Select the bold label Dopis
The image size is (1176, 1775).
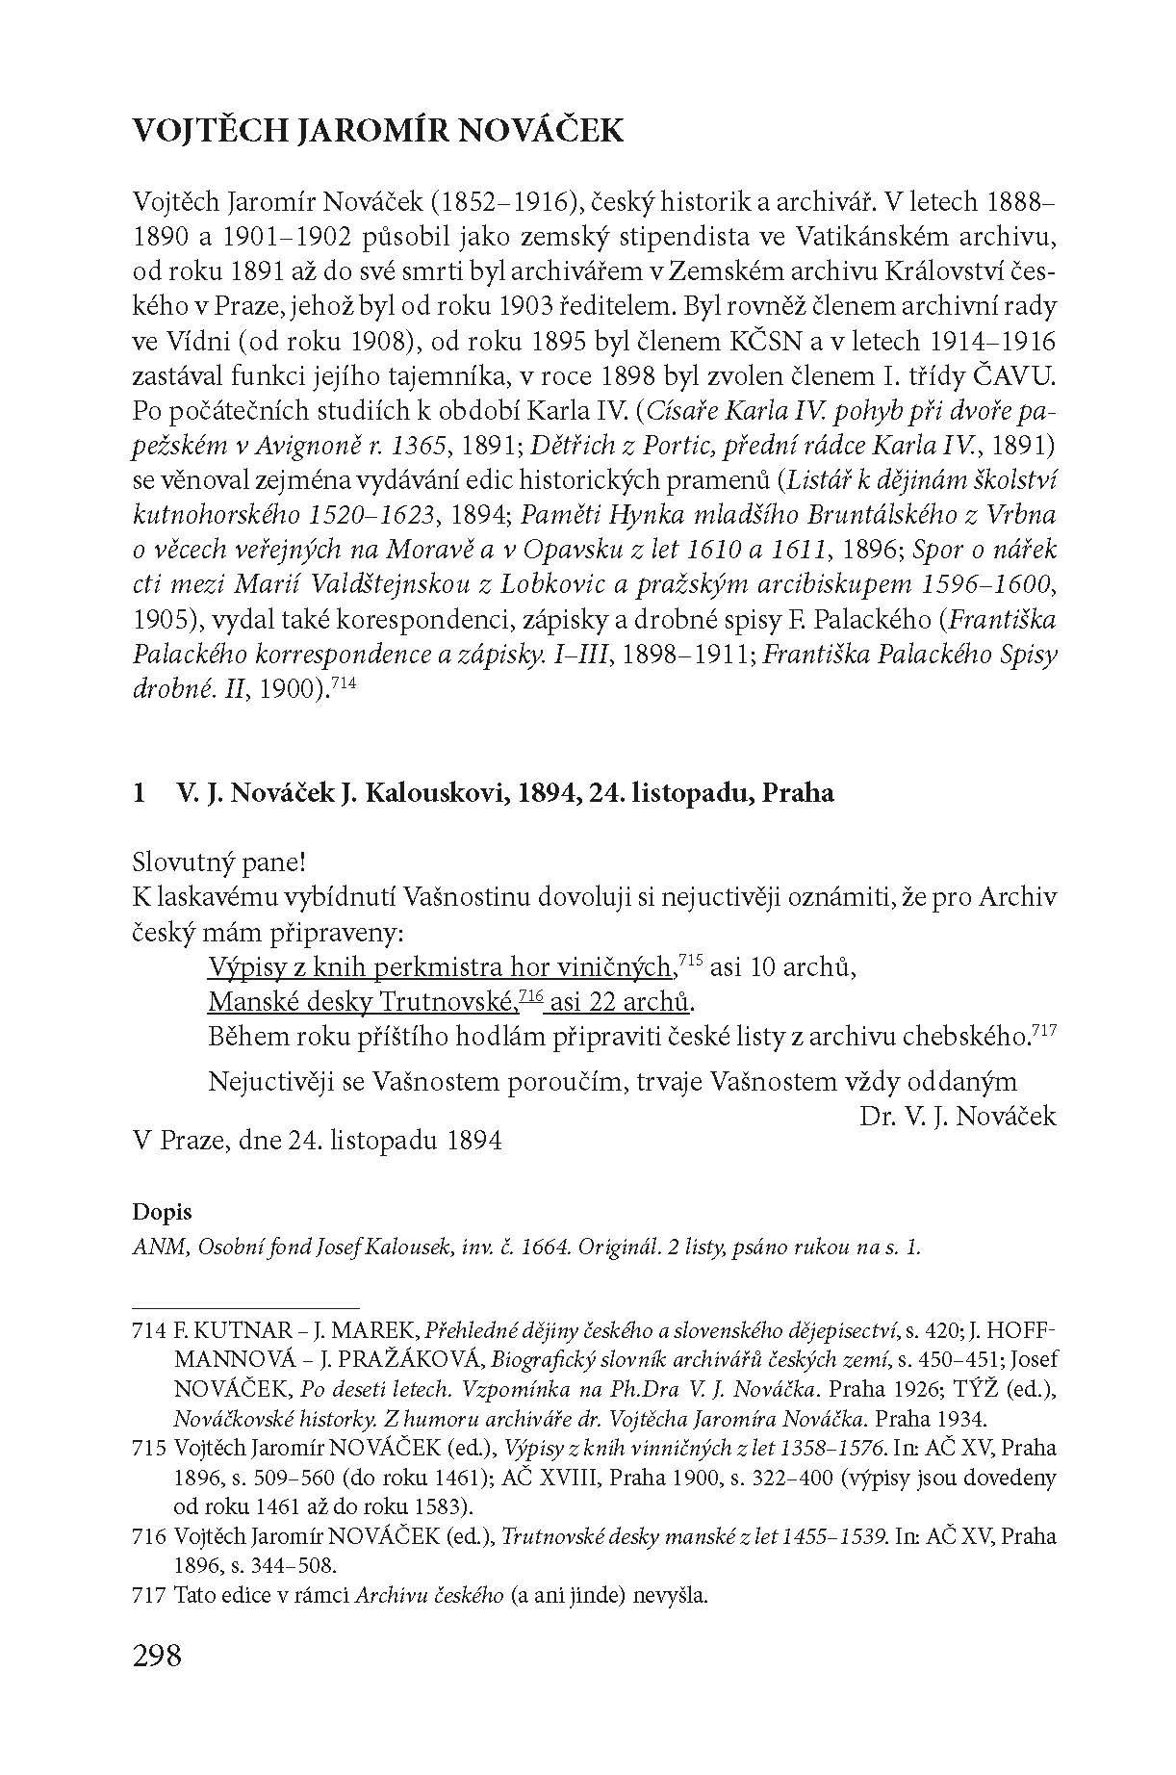click(x=163, y=1213)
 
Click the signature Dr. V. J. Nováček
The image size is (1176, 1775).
click(x=956, y=1117)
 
